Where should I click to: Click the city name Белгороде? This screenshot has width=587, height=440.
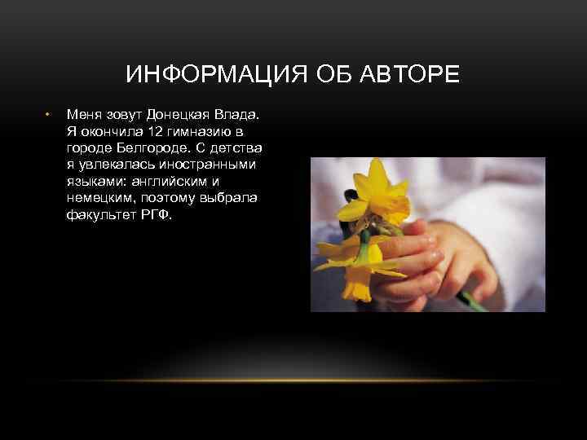pos(152,148)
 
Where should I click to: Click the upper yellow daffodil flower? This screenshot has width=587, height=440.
pos(377,195)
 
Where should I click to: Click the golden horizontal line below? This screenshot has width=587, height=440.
pos(293,381)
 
